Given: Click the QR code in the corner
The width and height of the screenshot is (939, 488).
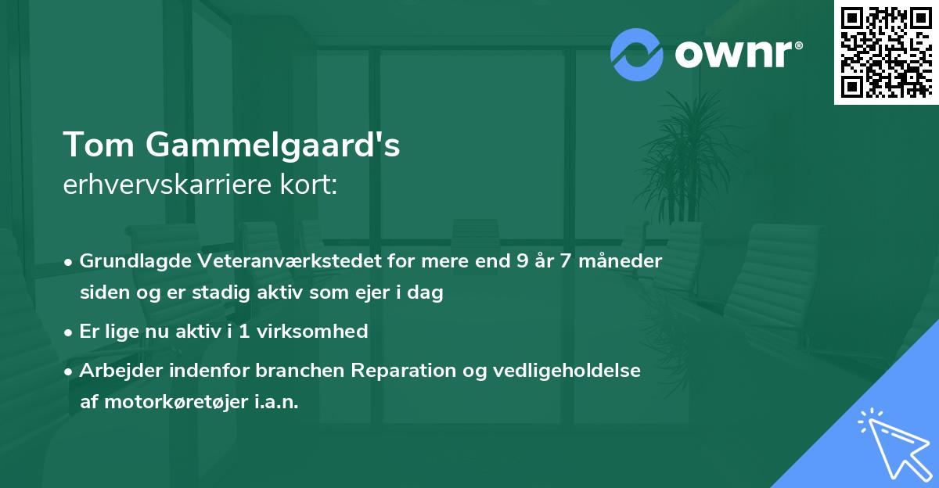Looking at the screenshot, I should tap(886, 52).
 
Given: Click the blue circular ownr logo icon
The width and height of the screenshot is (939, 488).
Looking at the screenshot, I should tap(636, 54).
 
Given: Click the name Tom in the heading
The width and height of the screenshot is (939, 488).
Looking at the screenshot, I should tap(95, 145).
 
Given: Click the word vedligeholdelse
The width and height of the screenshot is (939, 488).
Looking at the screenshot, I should tap(569, 370).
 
